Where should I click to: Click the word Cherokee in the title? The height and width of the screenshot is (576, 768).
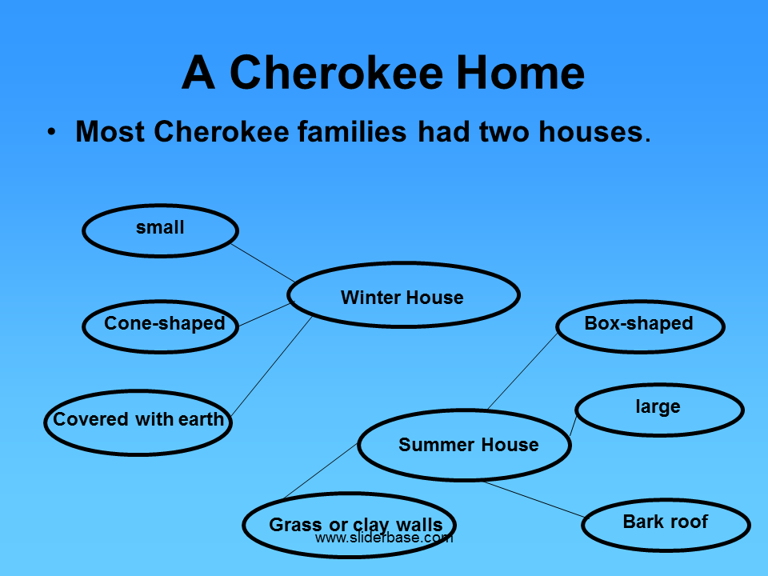(336, 73)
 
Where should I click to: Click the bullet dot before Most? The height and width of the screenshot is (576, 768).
(52, 132)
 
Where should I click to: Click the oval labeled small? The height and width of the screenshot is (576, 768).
(160, 230)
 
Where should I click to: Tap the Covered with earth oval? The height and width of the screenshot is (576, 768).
(138, 421)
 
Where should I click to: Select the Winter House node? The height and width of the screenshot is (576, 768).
(402, 296)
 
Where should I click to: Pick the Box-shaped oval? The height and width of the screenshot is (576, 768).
(640, 325)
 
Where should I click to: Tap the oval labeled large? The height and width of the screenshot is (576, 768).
(658, 409)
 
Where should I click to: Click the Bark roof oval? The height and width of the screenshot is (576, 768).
(666, 524)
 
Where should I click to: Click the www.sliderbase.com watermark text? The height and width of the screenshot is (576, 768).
(384, 538)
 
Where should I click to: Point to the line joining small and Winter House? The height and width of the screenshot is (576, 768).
(262, 262)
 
